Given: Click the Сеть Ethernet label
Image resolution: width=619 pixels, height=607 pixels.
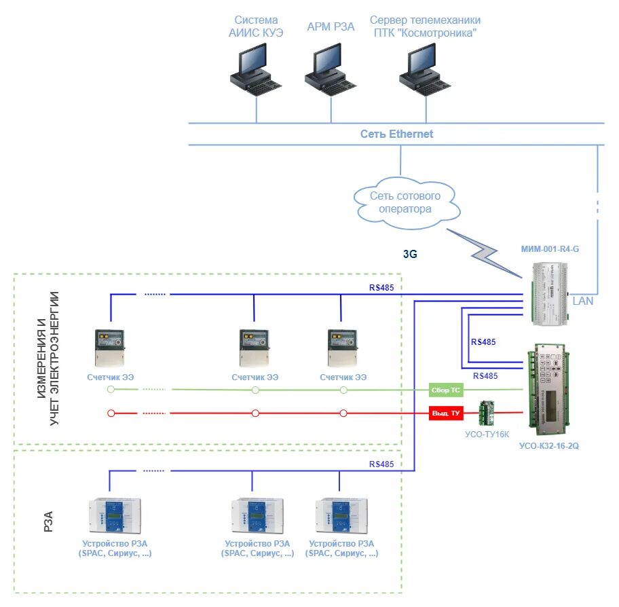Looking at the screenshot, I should [396, 134].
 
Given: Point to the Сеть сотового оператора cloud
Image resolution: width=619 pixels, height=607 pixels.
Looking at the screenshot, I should [405, 202].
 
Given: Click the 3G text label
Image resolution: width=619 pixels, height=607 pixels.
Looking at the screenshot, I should [410, 255].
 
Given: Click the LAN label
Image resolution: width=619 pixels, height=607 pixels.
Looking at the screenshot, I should [582, 301].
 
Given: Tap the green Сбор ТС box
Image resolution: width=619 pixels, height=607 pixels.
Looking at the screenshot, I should [445, 390].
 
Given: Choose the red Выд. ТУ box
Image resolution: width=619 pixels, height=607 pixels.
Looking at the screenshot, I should [445, 413].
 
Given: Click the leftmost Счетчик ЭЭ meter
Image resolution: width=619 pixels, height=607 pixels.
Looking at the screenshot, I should [109, 348].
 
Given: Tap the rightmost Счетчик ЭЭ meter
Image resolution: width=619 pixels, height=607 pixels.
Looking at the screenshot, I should [342, 348].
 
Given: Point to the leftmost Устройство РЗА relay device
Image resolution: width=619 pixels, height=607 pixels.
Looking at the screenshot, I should [115, 517].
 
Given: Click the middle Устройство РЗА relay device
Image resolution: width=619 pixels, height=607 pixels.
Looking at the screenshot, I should [257, 517].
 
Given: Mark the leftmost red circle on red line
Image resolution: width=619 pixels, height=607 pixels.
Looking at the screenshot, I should [111, 413].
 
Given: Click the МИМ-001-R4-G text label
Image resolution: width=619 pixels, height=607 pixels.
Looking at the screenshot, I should [549, 249].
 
